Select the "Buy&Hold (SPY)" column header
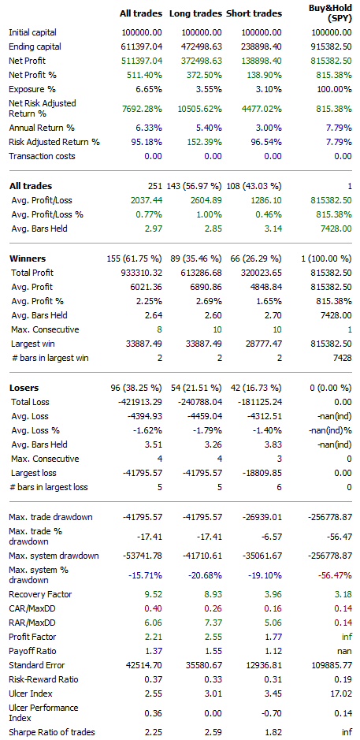point(329,13)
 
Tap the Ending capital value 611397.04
point(143,46)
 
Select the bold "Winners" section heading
point(28,258)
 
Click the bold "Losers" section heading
point(24,388)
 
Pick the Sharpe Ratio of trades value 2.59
point(210,732)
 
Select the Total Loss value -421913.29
point(140,402)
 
